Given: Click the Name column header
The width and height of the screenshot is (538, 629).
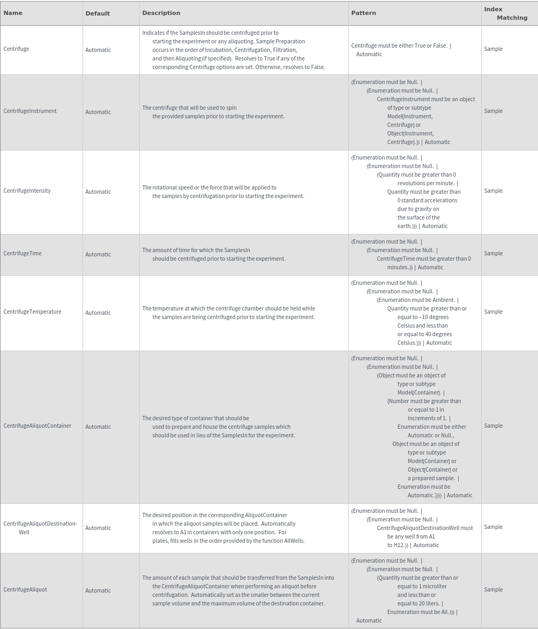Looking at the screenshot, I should [13, 13].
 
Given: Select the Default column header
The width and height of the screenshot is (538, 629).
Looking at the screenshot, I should [98, 13].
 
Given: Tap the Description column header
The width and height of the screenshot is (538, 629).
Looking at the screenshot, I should [161, 13].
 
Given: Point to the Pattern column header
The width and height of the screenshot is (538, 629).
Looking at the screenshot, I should [363, 13].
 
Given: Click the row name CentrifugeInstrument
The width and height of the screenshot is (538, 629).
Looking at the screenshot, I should [30, 111].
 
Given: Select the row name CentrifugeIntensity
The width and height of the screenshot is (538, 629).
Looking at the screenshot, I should [27, 191].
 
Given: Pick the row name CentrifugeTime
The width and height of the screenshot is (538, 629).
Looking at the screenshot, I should [23, 253].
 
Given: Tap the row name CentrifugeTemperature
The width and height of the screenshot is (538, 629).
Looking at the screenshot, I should [32, 312].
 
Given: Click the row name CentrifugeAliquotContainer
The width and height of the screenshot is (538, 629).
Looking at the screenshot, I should [37, 426].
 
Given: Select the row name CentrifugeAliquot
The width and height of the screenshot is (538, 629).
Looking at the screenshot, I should [25, 589].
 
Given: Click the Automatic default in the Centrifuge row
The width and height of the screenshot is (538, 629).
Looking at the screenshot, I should [98, 50].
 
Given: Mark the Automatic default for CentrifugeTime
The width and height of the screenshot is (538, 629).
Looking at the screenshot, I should [98, 254].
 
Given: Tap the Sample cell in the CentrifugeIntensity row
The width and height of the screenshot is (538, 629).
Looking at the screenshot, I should [493, 191].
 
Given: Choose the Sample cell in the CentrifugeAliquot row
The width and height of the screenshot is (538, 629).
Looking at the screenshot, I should [493, 589].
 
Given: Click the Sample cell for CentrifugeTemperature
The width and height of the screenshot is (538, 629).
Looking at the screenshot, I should [493, 312].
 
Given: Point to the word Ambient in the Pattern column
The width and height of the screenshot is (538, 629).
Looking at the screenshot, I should [443, 300].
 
